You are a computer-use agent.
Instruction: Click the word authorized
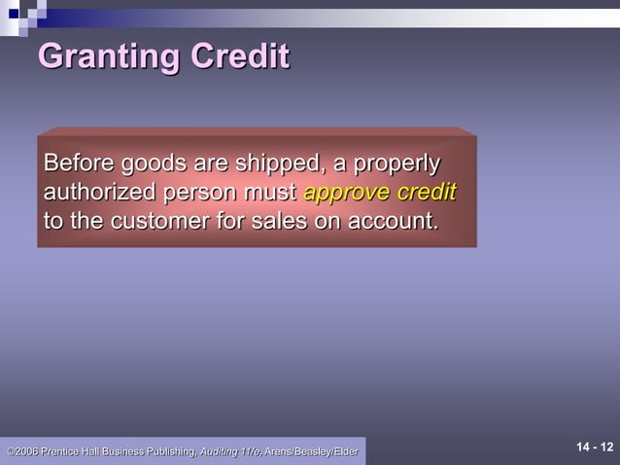click(100, 192)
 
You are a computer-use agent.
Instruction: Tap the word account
click(393, 221)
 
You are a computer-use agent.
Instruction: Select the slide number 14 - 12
click(595, 447)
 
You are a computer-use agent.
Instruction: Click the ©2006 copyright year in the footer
click(21, 451)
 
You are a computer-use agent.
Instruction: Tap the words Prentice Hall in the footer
click(75, 451)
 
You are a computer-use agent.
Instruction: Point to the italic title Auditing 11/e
click(230, 451)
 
